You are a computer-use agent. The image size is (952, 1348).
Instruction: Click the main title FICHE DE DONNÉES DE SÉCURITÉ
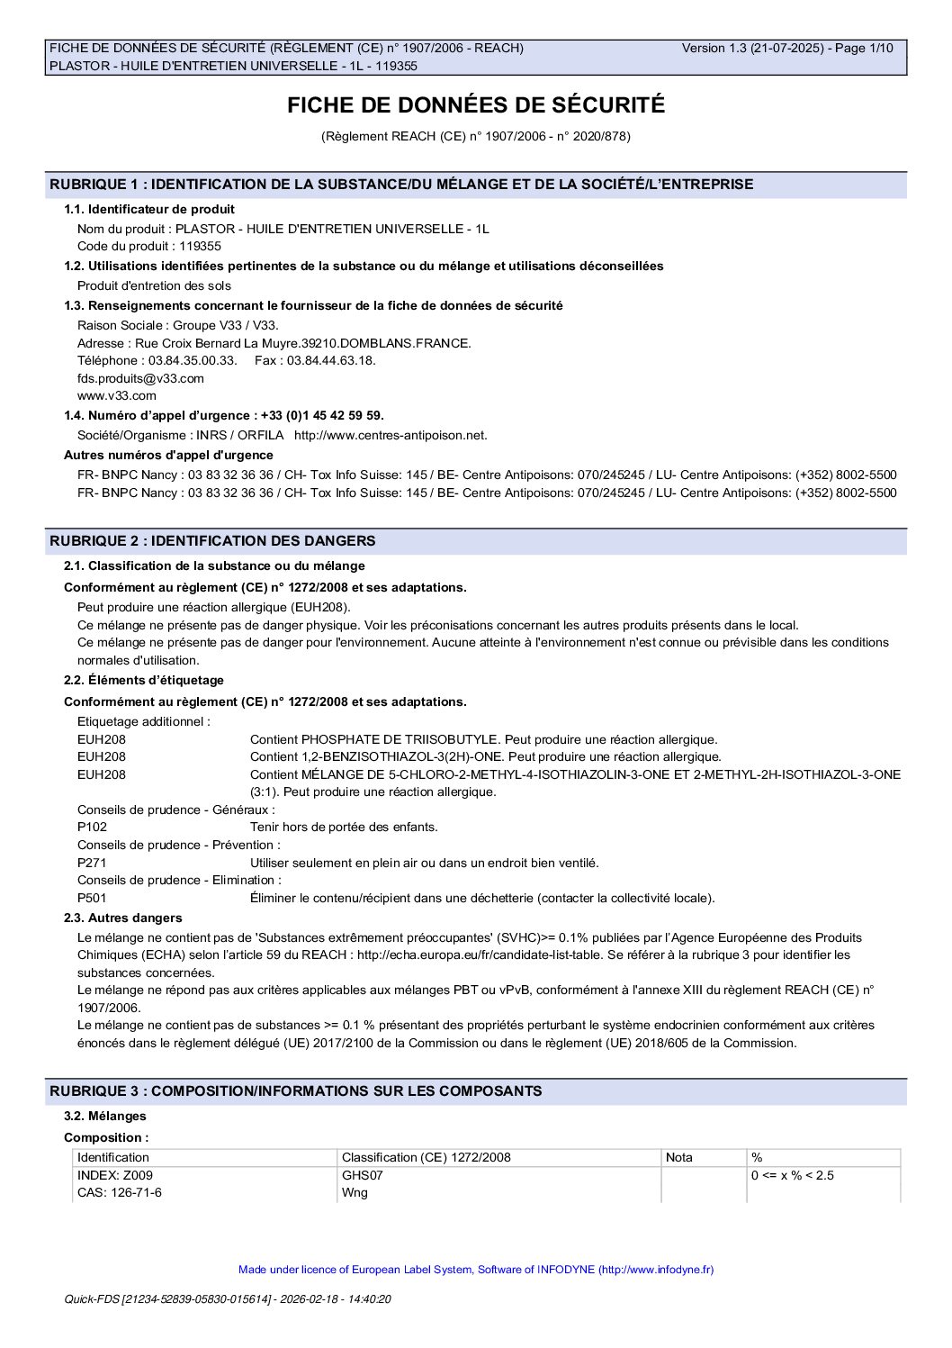pos(476,105)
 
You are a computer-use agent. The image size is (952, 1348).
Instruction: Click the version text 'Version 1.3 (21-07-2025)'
pos(753,49)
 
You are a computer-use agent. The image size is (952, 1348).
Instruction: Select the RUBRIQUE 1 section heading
pos(401,185)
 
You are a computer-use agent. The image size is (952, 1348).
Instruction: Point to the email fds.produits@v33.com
pos(140,378)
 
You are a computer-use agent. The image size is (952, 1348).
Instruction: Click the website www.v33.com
pos(116,395)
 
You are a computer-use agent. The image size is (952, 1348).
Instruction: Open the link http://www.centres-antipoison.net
pos(391,435)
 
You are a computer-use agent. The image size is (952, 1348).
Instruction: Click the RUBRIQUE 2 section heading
pos(212,541)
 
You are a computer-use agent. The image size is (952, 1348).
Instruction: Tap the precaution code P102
pos(92,827)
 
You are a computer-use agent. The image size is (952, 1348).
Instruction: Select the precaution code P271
pos(92,863)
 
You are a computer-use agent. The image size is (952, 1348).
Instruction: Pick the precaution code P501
pos(92,898)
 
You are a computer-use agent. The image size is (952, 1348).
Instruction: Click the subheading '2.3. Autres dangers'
pos(122,918)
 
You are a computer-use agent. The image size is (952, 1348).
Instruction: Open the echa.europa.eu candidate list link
pos(510,954)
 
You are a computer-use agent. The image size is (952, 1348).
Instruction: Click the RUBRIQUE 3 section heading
pos(295,1091)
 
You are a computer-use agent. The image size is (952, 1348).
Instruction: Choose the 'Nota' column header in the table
pos(679,1157)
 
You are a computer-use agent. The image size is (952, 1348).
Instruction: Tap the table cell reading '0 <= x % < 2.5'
pos(793,1175)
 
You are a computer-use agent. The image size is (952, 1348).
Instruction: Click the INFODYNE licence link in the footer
pos(476,1270)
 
